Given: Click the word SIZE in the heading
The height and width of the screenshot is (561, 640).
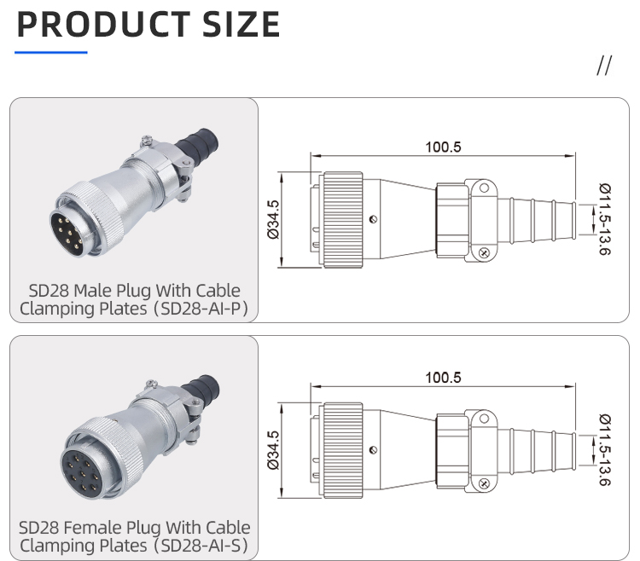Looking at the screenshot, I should (x=241, y=25).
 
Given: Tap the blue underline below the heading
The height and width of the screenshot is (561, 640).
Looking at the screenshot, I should (x=51, y=53).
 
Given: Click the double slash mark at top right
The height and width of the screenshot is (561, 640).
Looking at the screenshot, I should (x=604, y=67).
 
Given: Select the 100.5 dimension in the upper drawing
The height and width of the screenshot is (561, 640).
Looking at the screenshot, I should (x=443, y=147).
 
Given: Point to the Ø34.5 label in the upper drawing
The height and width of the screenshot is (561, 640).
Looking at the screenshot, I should (x=274, y=220).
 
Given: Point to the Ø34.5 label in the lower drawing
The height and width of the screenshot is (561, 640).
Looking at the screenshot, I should (x=274, y=450).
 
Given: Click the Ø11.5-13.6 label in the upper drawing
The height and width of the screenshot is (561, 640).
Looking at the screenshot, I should (x=604, y=221).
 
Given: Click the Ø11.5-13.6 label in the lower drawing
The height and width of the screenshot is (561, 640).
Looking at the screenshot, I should (x=604, y=450).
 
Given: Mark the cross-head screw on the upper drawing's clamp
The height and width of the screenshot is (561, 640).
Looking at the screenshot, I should (x=483, y=252).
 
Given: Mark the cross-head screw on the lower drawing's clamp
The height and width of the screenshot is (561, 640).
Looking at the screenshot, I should (x=483, y=484).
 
